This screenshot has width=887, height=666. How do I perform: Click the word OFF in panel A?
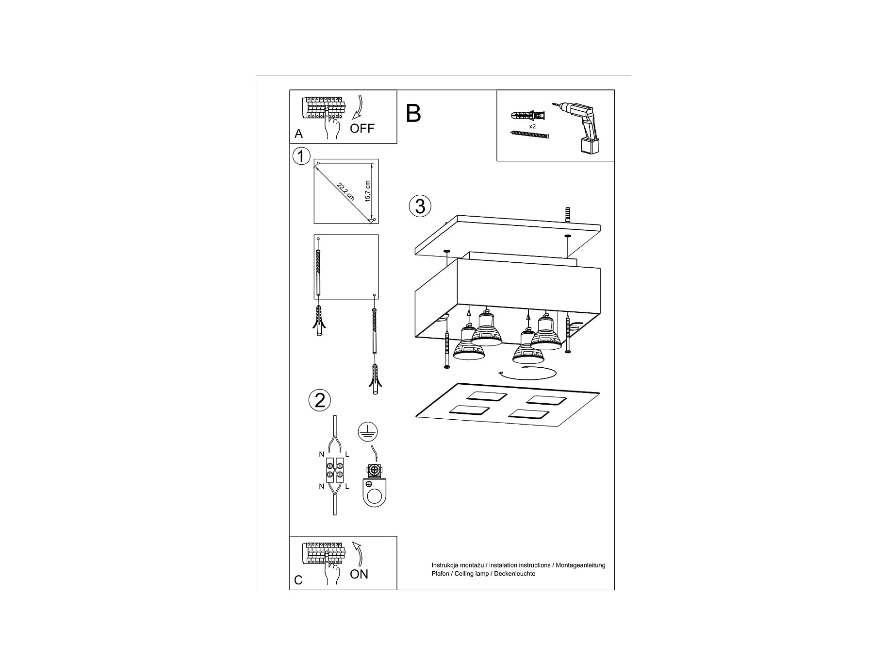pos(362,128)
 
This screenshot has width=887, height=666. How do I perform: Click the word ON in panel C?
pos(359,574)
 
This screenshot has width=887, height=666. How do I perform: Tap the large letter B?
pos(413,113)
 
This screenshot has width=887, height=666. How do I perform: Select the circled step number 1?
pos(301,156)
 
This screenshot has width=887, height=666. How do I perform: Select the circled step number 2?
pos(320,400)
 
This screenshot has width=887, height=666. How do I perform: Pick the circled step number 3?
pos(420,206)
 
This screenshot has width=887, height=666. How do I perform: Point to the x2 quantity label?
pos(532,126)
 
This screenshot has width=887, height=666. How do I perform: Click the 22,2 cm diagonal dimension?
pos(345,192)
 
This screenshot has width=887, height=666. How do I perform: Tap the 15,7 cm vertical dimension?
pos(368,191)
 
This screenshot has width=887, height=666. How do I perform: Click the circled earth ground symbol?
pos(368,431)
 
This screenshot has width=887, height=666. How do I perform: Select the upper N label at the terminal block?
pos(321,455)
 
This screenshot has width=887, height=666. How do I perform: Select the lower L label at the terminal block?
pos(347,486)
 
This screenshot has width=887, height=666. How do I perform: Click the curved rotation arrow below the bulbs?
pos(527,374)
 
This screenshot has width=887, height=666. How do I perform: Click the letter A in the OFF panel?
pos(298,134)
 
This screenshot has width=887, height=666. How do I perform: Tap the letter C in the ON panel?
pos(298,580)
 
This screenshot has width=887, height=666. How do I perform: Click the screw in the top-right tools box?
pos(529,134)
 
